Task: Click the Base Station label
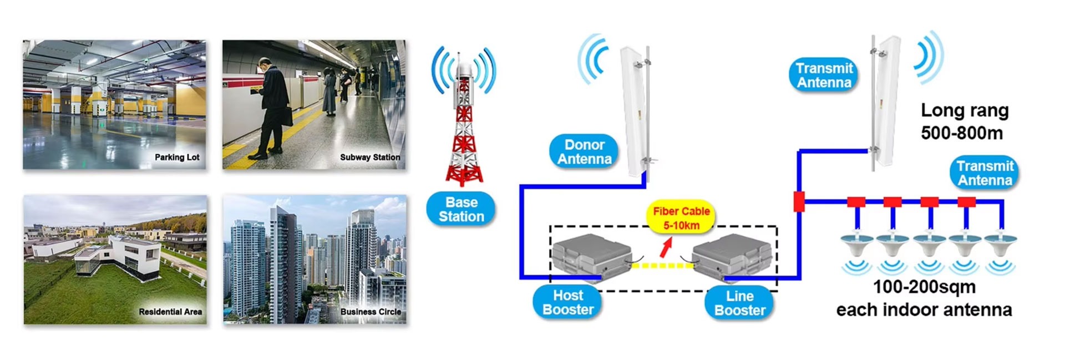(461, 209)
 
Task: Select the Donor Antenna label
(584, 152)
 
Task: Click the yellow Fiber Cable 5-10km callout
(681, 218)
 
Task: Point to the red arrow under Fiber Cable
(665, 247)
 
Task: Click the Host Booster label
(568, 302)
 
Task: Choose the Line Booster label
(739, 303)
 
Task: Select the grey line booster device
(732, 258)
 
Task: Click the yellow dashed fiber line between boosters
(662, 266)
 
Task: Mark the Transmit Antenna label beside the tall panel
(824, 75)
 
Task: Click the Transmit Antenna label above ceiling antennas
(985, 173)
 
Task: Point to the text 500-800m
(962, 133)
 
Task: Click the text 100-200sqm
(924, 287)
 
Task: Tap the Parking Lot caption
(177, 158)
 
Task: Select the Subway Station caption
(370, 158)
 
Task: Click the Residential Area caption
(170, 312)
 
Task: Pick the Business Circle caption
(371, 312)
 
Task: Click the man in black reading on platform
(273, 111)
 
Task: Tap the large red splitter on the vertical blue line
(799, 201)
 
